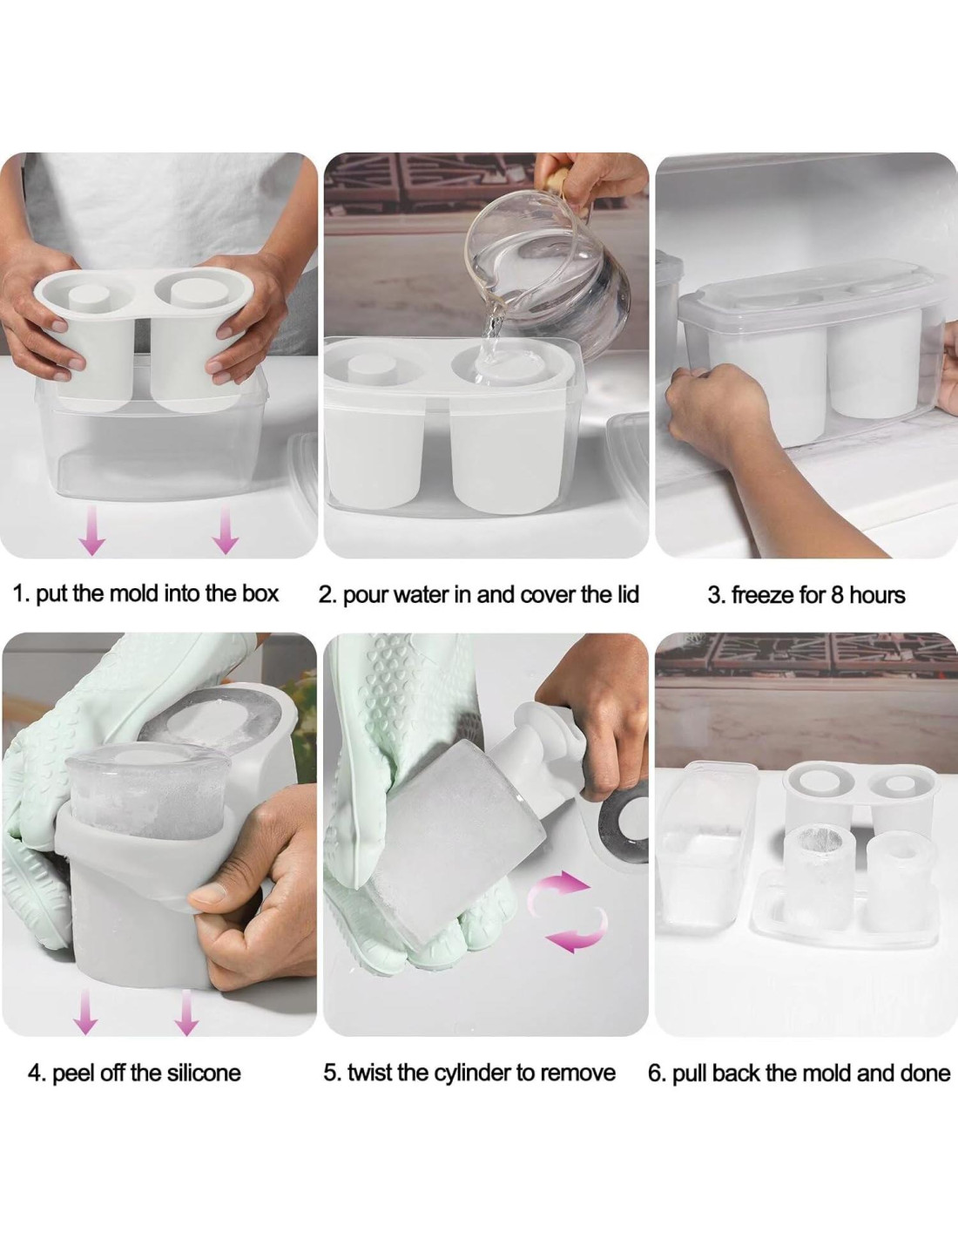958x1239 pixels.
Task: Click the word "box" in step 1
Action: (260, 594)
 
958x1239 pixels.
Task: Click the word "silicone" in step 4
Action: (204, 1073)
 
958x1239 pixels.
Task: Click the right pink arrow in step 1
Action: (226, 531)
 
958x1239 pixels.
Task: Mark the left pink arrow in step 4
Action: (85, 1012)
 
